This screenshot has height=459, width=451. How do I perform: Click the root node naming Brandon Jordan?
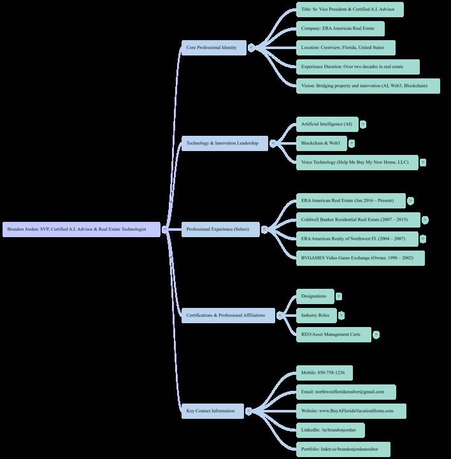[x=82, y=229]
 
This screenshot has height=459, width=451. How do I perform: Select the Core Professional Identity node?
[x=213, y=48]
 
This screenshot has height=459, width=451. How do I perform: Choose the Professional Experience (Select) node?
[x=220, y=229]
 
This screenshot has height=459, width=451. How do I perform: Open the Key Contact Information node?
[x=213, y=411]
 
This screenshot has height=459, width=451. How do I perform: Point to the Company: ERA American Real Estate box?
[x=341, y=29]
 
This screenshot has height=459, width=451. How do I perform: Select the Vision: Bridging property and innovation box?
[x=368, y=85]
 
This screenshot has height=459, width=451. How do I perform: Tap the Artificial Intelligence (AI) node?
[x=327, y=124]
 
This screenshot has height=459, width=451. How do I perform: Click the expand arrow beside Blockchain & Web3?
[x=352, y=143]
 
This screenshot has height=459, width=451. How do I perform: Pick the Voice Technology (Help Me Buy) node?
[x=357, y=163]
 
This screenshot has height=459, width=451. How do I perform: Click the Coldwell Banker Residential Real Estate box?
[x=358, y=220]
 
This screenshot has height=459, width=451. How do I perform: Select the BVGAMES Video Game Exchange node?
[x=360, y=258]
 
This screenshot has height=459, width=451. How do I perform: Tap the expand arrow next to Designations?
[x=339, y=296]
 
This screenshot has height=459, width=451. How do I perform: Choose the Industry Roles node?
[x=317, y=315]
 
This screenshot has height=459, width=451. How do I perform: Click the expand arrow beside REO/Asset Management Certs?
[x=376, y=334]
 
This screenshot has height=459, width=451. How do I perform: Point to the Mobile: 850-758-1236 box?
[x=324, y=372]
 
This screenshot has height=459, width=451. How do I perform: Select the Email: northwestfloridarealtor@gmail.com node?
[x=345, y=391]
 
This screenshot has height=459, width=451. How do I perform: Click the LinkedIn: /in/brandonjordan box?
[x=330, y=430]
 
